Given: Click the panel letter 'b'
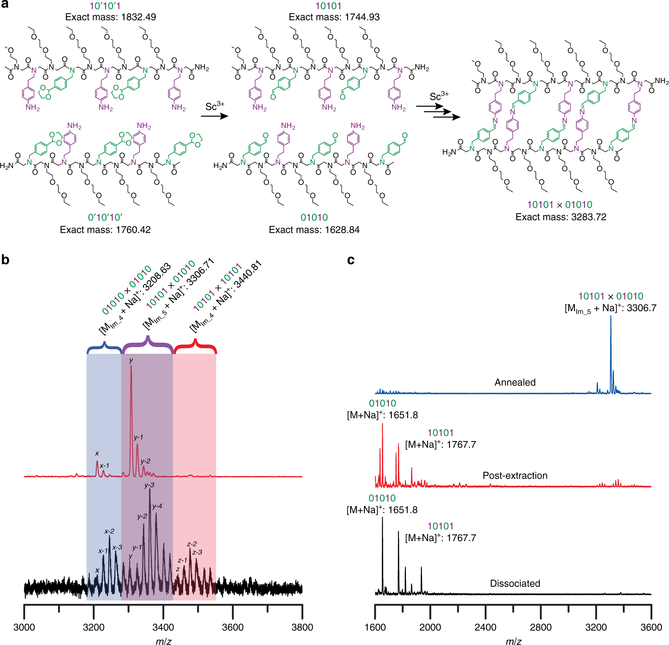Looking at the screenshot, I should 5,260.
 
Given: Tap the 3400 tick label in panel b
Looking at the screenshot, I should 163,627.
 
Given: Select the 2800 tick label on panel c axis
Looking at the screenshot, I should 541,627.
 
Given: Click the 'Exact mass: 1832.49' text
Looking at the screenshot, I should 110,17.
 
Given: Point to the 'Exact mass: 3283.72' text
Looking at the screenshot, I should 561,217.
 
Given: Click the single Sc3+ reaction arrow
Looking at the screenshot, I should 214,116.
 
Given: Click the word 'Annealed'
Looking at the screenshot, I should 515,383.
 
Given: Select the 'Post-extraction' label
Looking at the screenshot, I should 515,475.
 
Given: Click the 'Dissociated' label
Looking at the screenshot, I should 515,583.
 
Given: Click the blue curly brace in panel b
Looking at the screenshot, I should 104,347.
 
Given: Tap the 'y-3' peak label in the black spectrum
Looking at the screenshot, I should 149,485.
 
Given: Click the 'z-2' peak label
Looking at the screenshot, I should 192,544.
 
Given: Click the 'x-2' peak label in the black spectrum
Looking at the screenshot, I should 109,531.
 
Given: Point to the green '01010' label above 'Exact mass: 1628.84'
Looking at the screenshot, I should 314,217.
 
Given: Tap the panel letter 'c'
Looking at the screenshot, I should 350,260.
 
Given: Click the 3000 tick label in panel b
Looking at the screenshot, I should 24,627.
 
